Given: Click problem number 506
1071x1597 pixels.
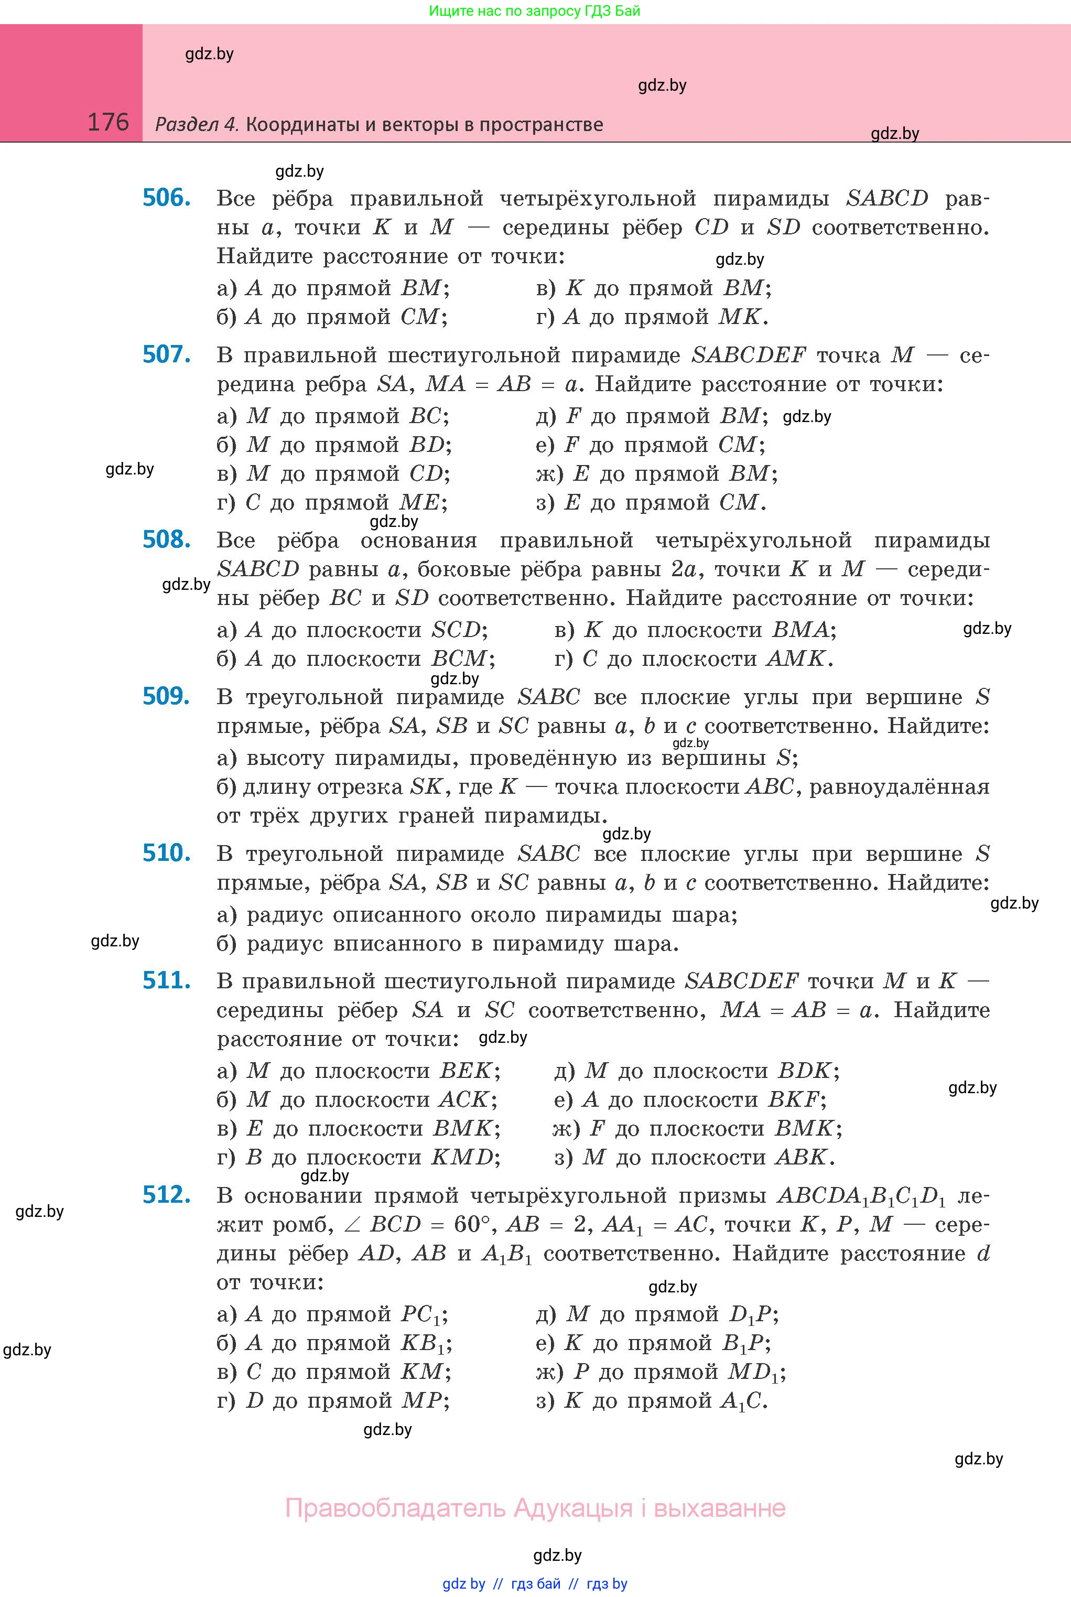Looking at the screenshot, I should [x=166, y=198].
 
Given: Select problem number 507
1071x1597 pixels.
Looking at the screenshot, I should [x=166, y=354].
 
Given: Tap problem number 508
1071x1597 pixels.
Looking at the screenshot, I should [x=166, y=539].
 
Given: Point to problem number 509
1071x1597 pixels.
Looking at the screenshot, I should [x=166, y=696].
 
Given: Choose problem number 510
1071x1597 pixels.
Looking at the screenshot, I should [x=166, y=853].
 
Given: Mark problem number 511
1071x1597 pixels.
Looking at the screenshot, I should [x=166, y=980].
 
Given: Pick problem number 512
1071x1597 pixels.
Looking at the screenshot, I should [x=166, y=1195].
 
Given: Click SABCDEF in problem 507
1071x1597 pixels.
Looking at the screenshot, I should [x=749, y=355].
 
